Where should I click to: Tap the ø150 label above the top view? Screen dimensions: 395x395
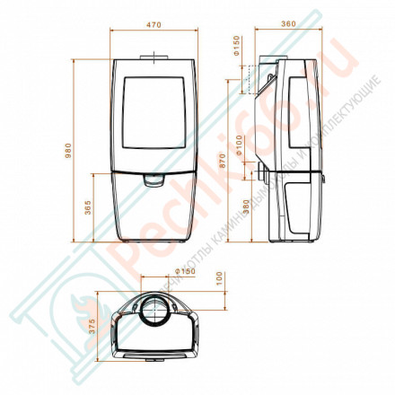tap(185, 270)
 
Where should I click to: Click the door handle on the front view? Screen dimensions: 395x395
tap(154, 180)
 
